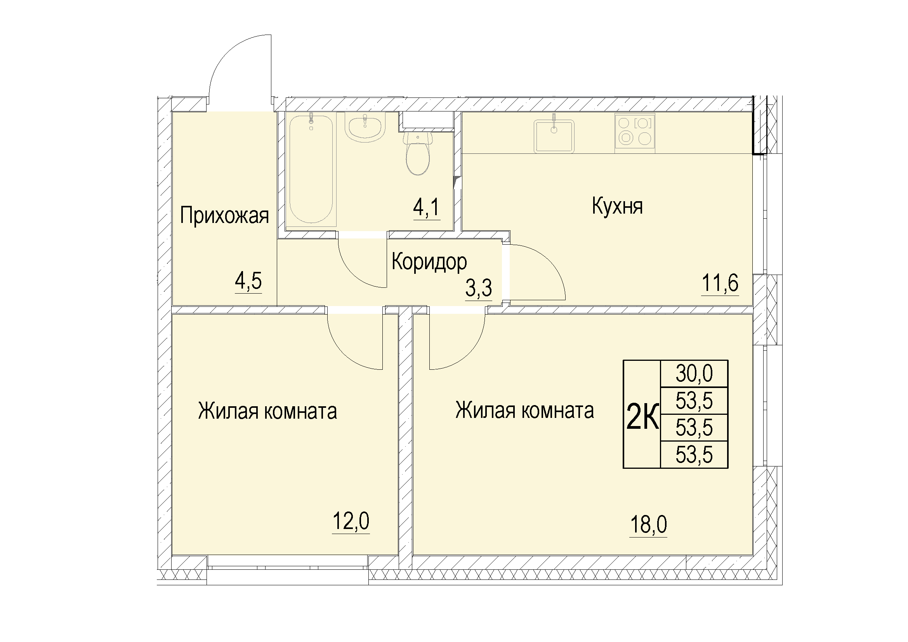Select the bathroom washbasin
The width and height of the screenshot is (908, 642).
coord(365,127)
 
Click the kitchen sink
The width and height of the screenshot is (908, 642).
coord(554,136)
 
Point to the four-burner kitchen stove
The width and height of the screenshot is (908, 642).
coord(635,133)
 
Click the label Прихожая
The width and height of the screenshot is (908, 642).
coord(224,216)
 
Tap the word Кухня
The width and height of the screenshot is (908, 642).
coord(617,207)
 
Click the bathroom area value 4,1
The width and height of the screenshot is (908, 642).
coord(426,208)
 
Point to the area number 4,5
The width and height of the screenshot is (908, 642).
coord(248,281)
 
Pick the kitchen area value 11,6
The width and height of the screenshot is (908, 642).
coord(720,283)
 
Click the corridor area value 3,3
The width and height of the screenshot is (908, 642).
coord(479,288)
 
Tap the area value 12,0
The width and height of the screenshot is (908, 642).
coord(351,521)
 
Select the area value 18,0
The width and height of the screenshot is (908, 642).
coord(649,525)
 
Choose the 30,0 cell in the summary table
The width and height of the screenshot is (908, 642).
coord(694,373)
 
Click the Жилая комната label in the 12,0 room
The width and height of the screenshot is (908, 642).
coord(267,411)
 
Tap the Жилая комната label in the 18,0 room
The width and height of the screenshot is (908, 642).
coord(524,411)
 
